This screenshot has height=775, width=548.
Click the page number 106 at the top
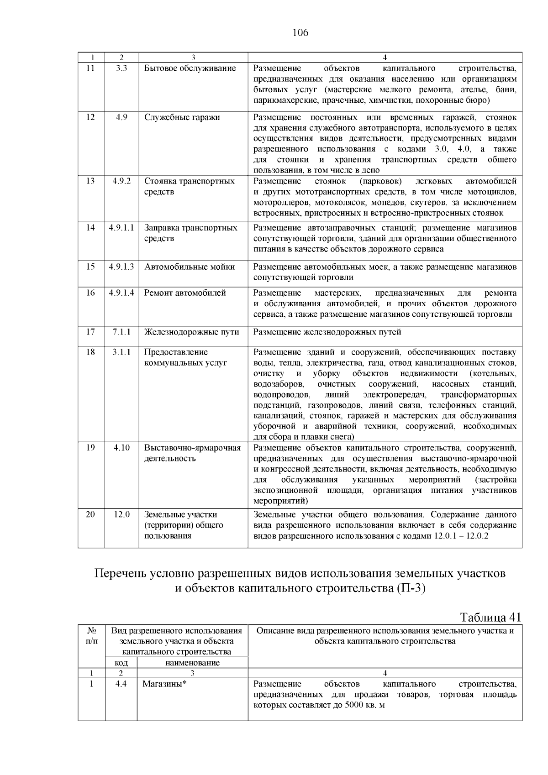pos(300,33)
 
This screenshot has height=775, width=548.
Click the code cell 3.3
pos(121,68)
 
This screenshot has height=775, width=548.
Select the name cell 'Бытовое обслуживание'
pos(190,68)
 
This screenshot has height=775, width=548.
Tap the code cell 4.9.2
pos(121,181)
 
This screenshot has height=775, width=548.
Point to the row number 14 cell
pos(91,228)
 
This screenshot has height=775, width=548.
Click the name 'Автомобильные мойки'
pos(190,267)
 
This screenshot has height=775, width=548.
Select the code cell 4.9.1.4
pos(121,293)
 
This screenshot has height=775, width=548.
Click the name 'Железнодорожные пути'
pos(192,332)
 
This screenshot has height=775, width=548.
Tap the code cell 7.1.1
pos(121,332)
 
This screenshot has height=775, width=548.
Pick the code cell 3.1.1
pos(121,352)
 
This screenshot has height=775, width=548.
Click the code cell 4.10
pos(121,448)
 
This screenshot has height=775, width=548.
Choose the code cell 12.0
pos(121,514)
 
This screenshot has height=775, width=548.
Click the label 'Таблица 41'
pos(490,618)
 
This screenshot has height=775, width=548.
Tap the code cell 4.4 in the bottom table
pos(121,684)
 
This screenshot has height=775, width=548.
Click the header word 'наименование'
pos(192,663)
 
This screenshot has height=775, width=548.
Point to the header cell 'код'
pos(121,663)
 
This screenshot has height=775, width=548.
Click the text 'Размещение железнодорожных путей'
pos(327,332)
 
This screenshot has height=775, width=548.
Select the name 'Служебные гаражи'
pos(182,117)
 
